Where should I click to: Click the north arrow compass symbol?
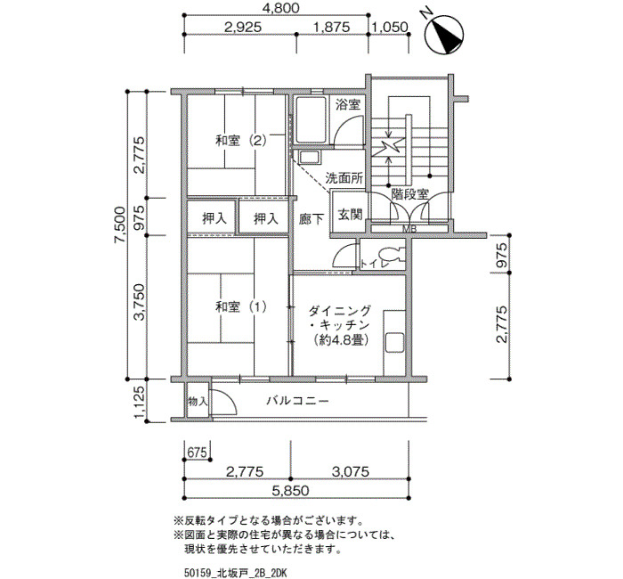(x=444, y=34)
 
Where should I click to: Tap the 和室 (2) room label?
(x=241, y=141)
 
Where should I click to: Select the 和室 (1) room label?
(x=241, y=306)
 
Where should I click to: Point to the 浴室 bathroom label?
(x=348, y=105)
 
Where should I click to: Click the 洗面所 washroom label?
(x=344, y=178)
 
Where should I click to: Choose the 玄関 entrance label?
(x=350, y=215)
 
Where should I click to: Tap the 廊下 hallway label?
(x=311, y=219)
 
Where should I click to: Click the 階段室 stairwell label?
(x=409, y=194)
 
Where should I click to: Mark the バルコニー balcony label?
(x=297, y=400)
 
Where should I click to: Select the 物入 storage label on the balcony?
(x=198, y=401)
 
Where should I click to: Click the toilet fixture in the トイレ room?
(x=390, y=255)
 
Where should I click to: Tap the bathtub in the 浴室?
(x=311, y=119)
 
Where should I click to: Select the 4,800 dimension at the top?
(x=281, y=8)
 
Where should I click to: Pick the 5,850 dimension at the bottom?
(x=290, y=490)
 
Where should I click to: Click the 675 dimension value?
(x=198, y=453)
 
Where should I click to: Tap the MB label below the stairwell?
(x=409, y=230)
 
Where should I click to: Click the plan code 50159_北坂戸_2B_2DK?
(x=235, y=573)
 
